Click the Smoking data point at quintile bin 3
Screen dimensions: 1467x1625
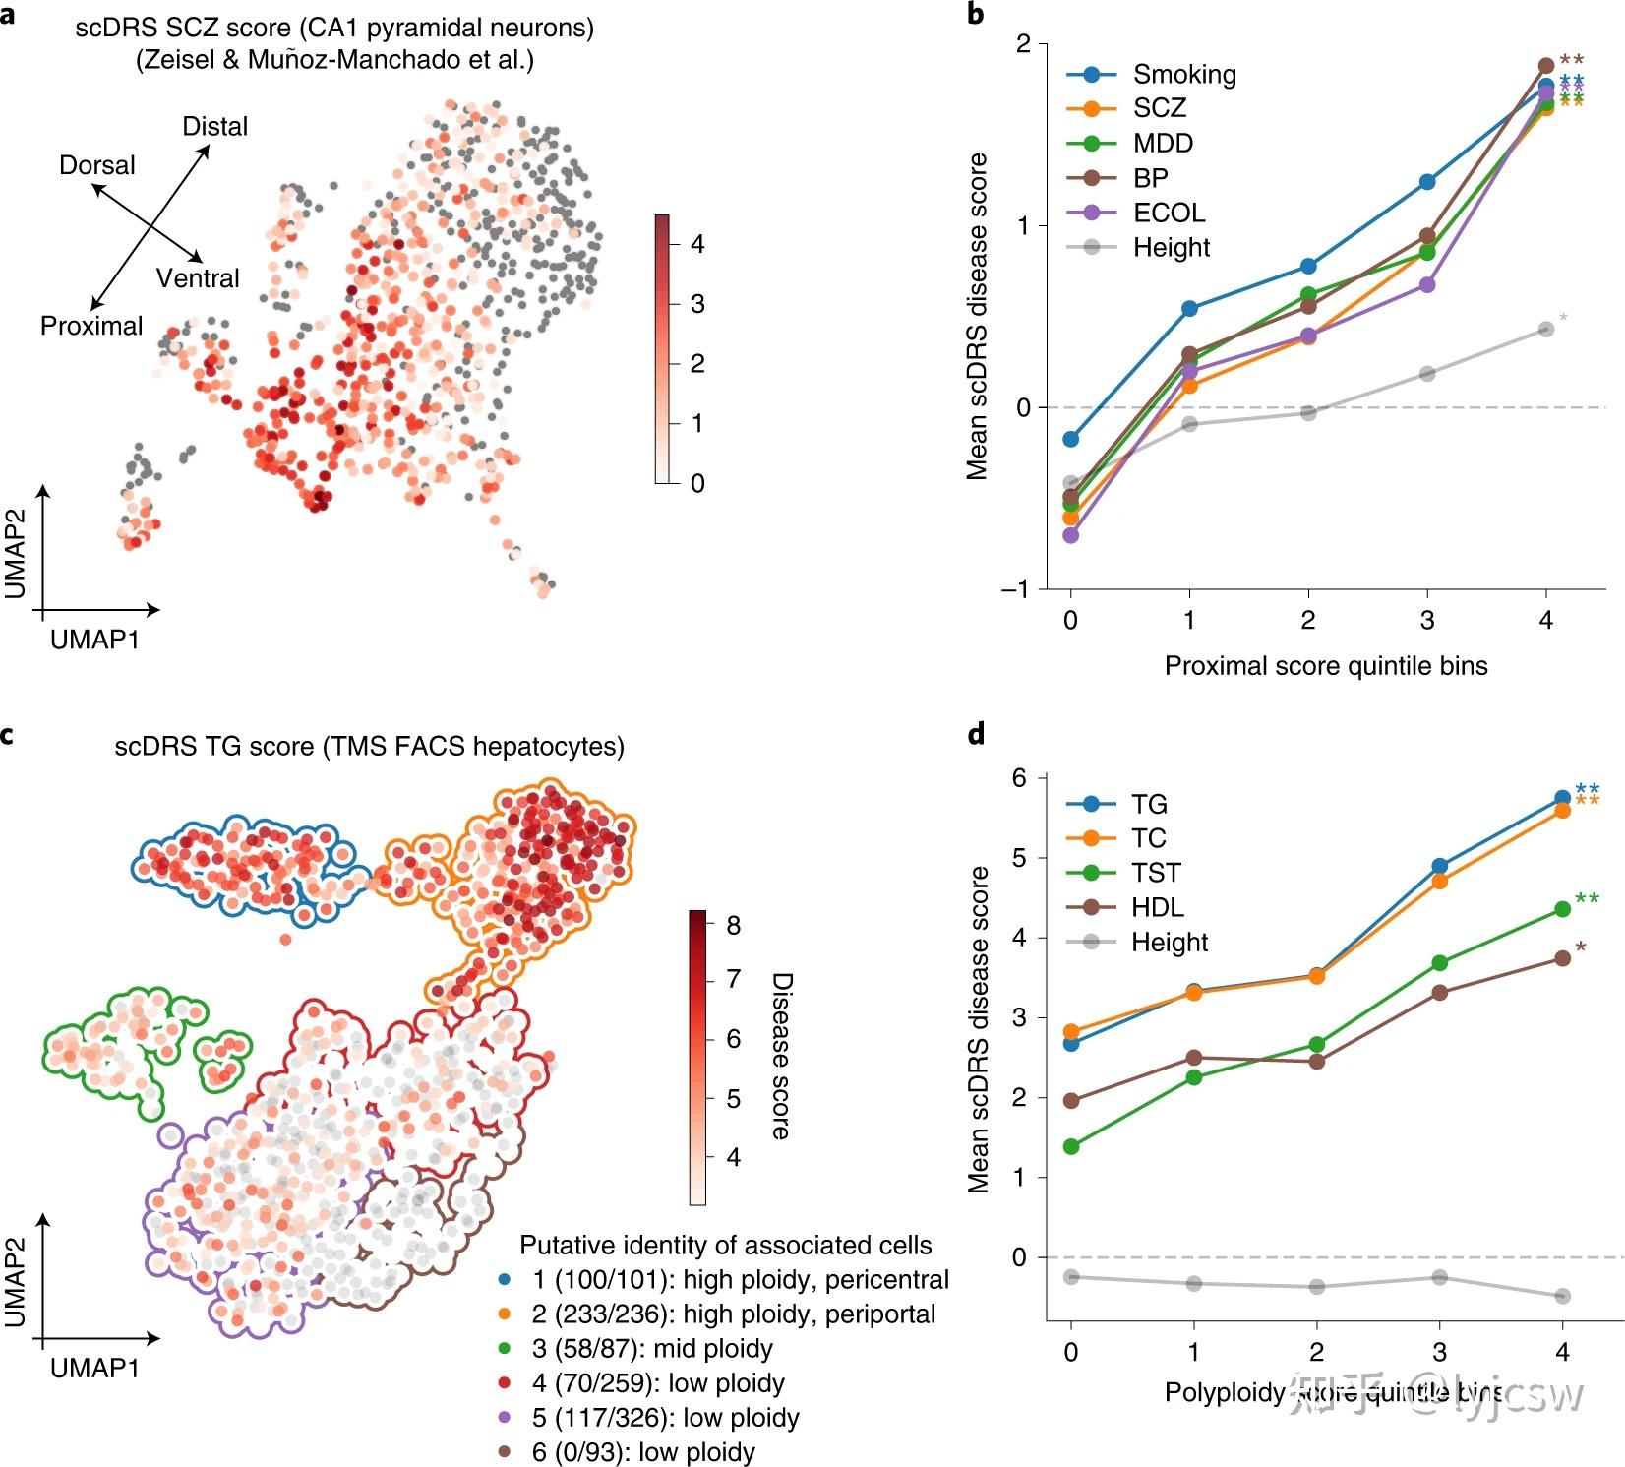point(1427,182)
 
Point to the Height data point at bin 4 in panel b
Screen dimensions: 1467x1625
point(1546,330)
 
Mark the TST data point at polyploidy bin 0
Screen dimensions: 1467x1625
point(1071,1146)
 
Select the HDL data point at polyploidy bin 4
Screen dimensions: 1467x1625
point(1562,958)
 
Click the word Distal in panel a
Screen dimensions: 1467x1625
point(215,127)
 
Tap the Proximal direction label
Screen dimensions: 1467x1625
point(91,326)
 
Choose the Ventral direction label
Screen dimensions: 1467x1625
point(198,278)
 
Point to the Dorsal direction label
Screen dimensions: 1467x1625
point(97,165)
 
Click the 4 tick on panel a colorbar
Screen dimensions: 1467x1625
point(697,244)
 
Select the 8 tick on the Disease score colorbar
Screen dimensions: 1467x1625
point(733,926)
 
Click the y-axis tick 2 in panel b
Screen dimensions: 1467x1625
point(1024,44)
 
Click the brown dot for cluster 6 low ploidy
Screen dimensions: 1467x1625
point(505,1452)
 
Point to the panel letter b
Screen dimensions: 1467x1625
point(976,14)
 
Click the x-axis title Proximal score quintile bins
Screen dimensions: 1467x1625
point(1326,666)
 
